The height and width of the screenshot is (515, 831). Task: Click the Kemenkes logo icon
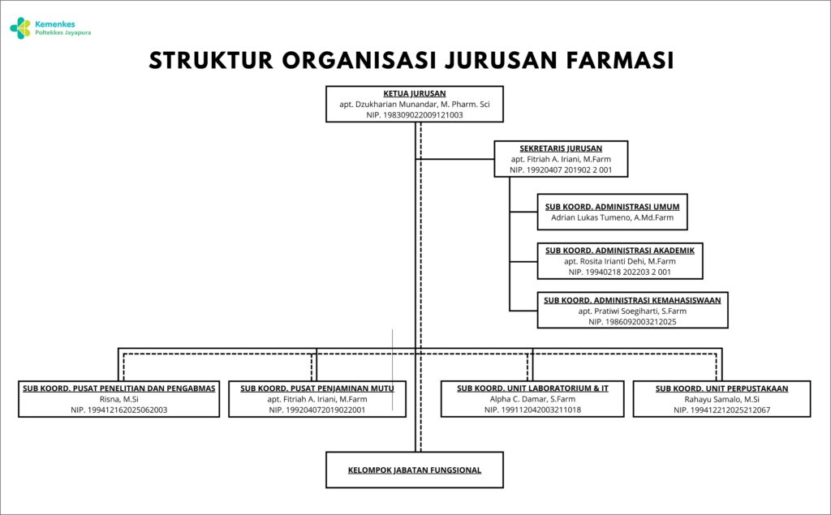[x=20, y=28]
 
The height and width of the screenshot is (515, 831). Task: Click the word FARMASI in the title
[x=620, y=60]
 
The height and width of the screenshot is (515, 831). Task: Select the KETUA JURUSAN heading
[x=415, y=94]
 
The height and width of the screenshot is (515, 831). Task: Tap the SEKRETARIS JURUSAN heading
[x=561, y=149]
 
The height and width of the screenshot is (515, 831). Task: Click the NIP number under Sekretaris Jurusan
[x=561, y=170]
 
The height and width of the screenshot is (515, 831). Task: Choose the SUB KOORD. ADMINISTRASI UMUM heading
[x=612, y=207]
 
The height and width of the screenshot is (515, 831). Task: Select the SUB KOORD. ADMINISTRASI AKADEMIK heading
[x=619, y=251]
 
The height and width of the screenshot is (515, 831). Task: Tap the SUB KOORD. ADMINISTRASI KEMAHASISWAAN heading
[x=632, y=300]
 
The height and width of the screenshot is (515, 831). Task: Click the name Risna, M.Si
[x=118, y=400]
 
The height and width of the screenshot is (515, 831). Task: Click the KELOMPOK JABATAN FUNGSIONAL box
[x=415, y=470]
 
